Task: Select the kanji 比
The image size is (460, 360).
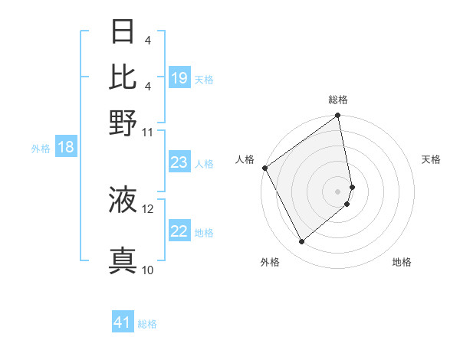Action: tap(123, 77)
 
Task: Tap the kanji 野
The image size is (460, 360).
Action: tap(123, 122)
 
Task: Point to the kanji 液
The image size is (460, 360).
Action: tap(123, 199)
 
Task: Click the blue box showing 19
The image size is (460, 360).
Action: tap(179, 78)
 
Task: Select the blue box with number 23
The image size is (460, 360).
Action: tap(179, 163)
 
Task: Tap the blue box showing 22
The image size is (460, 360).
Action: tap(179, 232)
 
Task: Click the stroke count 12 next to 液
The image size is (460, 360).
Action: tap(148, 208)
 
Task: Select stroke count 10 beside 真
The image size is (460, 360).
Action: tap(148, 270)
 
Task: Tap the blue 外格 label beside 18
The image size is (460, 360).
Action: tap(40, 149)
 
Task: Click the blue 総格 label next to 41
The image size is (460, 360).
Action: tap(147, 324)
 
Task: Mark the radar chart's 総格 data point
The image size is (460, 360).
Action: tap(337, 116)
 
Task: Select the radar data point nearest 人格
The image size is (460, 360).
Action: tap(264, 168)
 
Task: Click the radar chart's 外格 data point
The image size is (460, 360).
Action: tap(301, 241)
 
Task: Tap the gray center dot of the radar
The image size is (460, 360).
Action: tap(337, 190)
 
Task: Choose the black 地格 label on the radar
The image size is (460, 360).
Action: tap(402, 263)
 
